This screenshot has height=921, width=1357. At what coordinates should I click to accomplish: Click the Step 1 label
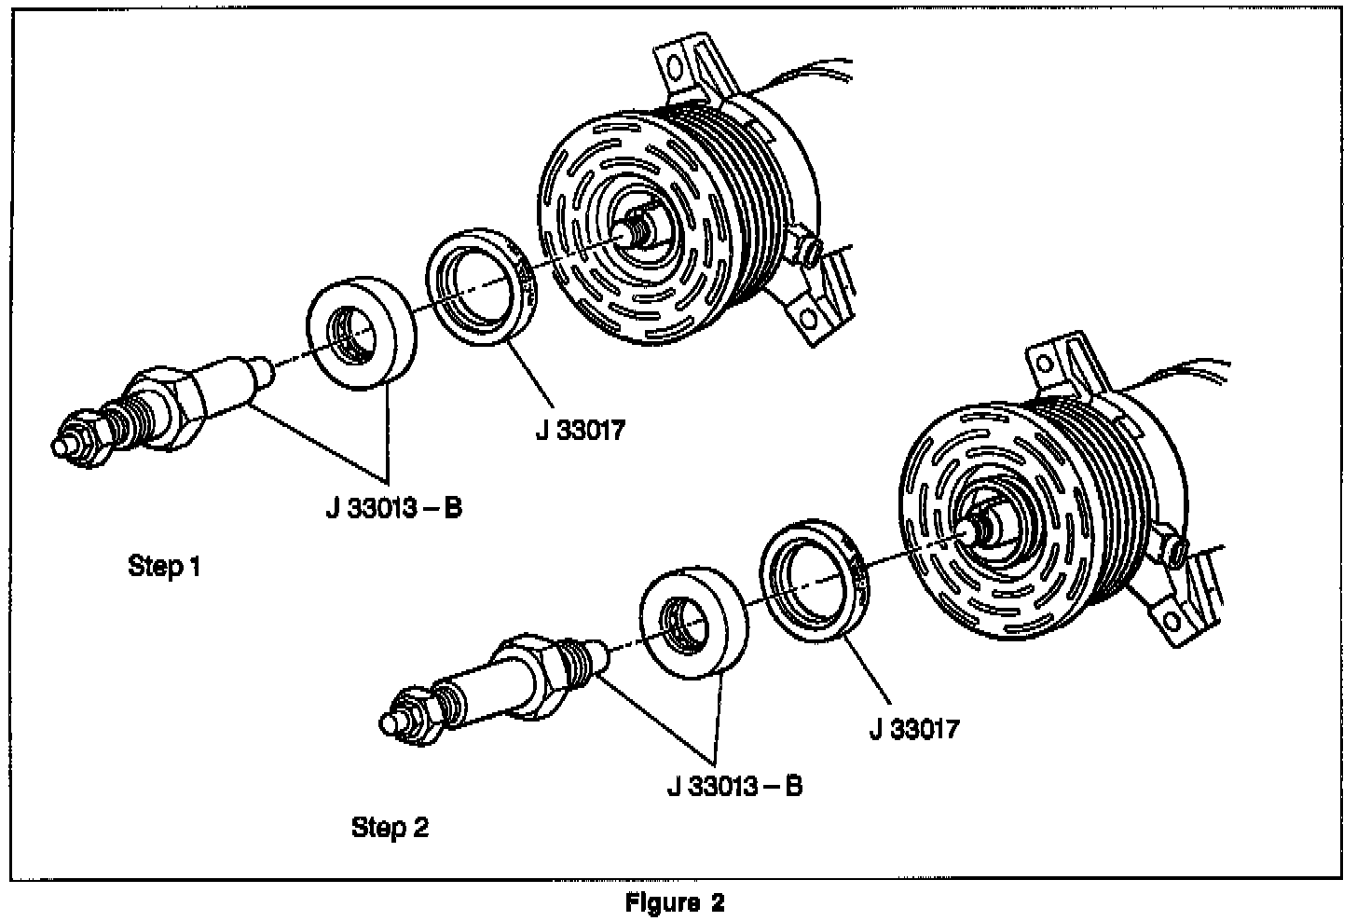pos(164,565)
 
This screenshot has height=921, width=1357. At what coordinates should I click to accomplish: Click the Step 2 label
pos(390,827)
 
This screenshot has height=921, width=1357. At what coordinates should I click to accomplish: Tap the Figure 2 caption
pos(674,902)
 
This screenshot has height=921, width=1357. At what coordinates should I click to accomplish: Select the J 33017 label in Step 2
pos(913,727)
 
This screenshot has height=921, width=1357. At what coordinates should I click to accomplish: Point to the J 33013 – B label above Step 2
pos(734,786)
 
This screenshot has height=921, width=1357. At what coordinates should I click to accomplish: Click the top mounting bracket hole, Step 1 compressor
pos(677,67)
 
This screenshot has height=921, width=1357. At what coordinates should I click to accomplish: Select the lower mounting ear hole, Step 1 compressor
pos(807,320)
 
